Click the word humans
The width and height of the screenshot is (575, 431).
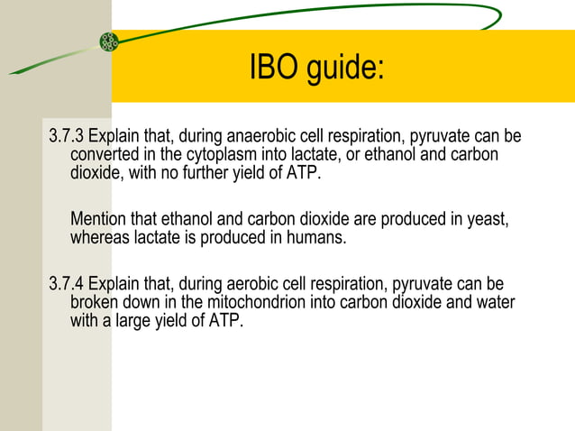(319, 239)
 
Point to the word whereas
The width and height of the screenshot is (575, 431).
(100, 239)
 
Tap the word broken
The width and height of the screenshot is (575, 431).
(96, 302)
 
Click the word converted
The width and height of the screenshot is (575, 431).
(106, 155)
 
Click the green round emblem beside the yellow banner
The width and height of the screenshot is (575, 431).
(109, 41)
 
